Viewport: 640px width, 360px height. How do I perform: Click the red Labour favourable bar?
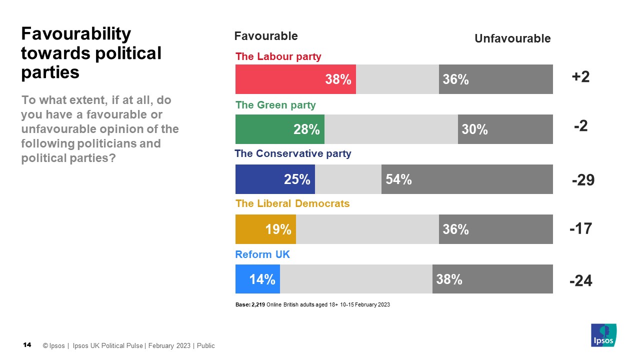295,79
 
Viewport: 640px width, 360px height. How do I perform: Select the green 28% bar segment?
279,129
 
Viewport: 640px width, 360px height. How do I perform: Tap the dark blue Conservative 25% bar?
275,179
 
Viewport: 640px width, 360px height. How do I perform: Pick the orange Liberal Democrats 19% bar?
265,229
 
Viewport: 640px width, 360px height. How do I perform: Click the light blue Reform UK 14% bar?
257,279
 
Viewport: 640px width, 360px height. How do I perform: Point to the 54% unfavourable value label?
398,179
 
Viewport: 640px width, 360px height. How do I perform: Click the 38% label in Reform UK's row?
449,279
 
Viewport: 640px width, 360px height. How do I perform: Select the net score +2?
580,77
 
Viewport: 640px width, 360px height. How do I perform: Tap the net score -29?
583,180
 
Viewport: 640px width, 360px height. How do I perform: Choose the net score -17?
580,229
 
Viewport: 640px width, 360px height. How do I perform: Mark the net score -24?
580,281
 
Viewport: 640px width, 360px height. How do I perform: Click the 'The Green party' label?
275,105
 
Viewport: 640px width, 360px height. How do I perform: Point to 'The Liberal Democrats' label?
292,203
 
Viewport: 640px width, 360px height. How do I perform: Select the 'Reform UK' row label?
262,254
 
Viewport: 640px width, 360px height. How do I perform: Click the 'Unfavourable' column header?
512,38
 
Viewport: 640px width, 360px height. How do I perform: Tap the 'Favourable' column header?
266,36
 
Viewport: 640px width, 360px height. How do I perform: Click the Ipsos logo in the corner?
603,335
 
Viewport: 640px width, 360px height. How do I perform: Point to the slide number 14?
27,345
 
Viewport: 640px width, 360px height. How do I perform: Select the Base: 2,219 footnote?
312,304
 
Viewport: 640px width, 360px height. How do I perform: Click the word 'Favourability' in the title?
75,34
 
